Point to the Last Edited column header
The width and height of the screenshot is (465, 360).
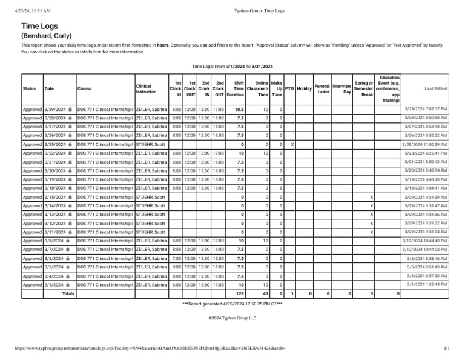click(x=436, y=88)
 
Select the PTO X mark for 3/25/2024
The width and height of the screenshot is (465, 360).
click(x=292, y=145)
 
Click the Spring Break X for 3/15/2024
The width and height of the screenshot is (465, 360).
click(x=371, y=198)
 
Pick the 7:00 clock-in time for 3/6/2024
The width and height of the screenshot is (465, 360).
click(x=176, y=258)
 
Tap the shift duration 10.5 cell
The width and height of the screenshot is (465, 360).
click(x=239, y=108)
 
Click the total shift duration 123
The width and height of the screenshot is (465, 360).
click(x=239, y=293)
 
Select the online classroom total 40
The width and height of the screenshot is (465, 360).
click(x=264, y=293)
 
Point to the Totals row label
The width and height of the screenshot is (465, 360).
click(x=68, y=293)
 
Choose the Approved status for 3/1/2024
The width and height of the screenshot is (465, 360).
click(x=32, y=284)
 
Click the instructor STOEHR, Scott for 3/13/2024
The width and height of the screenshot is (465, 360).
click(x=151, y=215)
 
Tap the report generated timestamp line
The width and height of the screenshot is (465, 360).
click(x=232, y=304)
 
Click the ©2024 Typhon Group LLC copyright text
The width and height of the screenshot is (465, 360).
click(x=232, y=317)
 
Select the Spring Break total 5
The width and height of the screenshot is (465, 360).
click(x=371, y=293)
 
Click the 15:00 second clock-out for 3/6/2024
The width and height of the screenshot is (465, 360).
click(x=219, y=258)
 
